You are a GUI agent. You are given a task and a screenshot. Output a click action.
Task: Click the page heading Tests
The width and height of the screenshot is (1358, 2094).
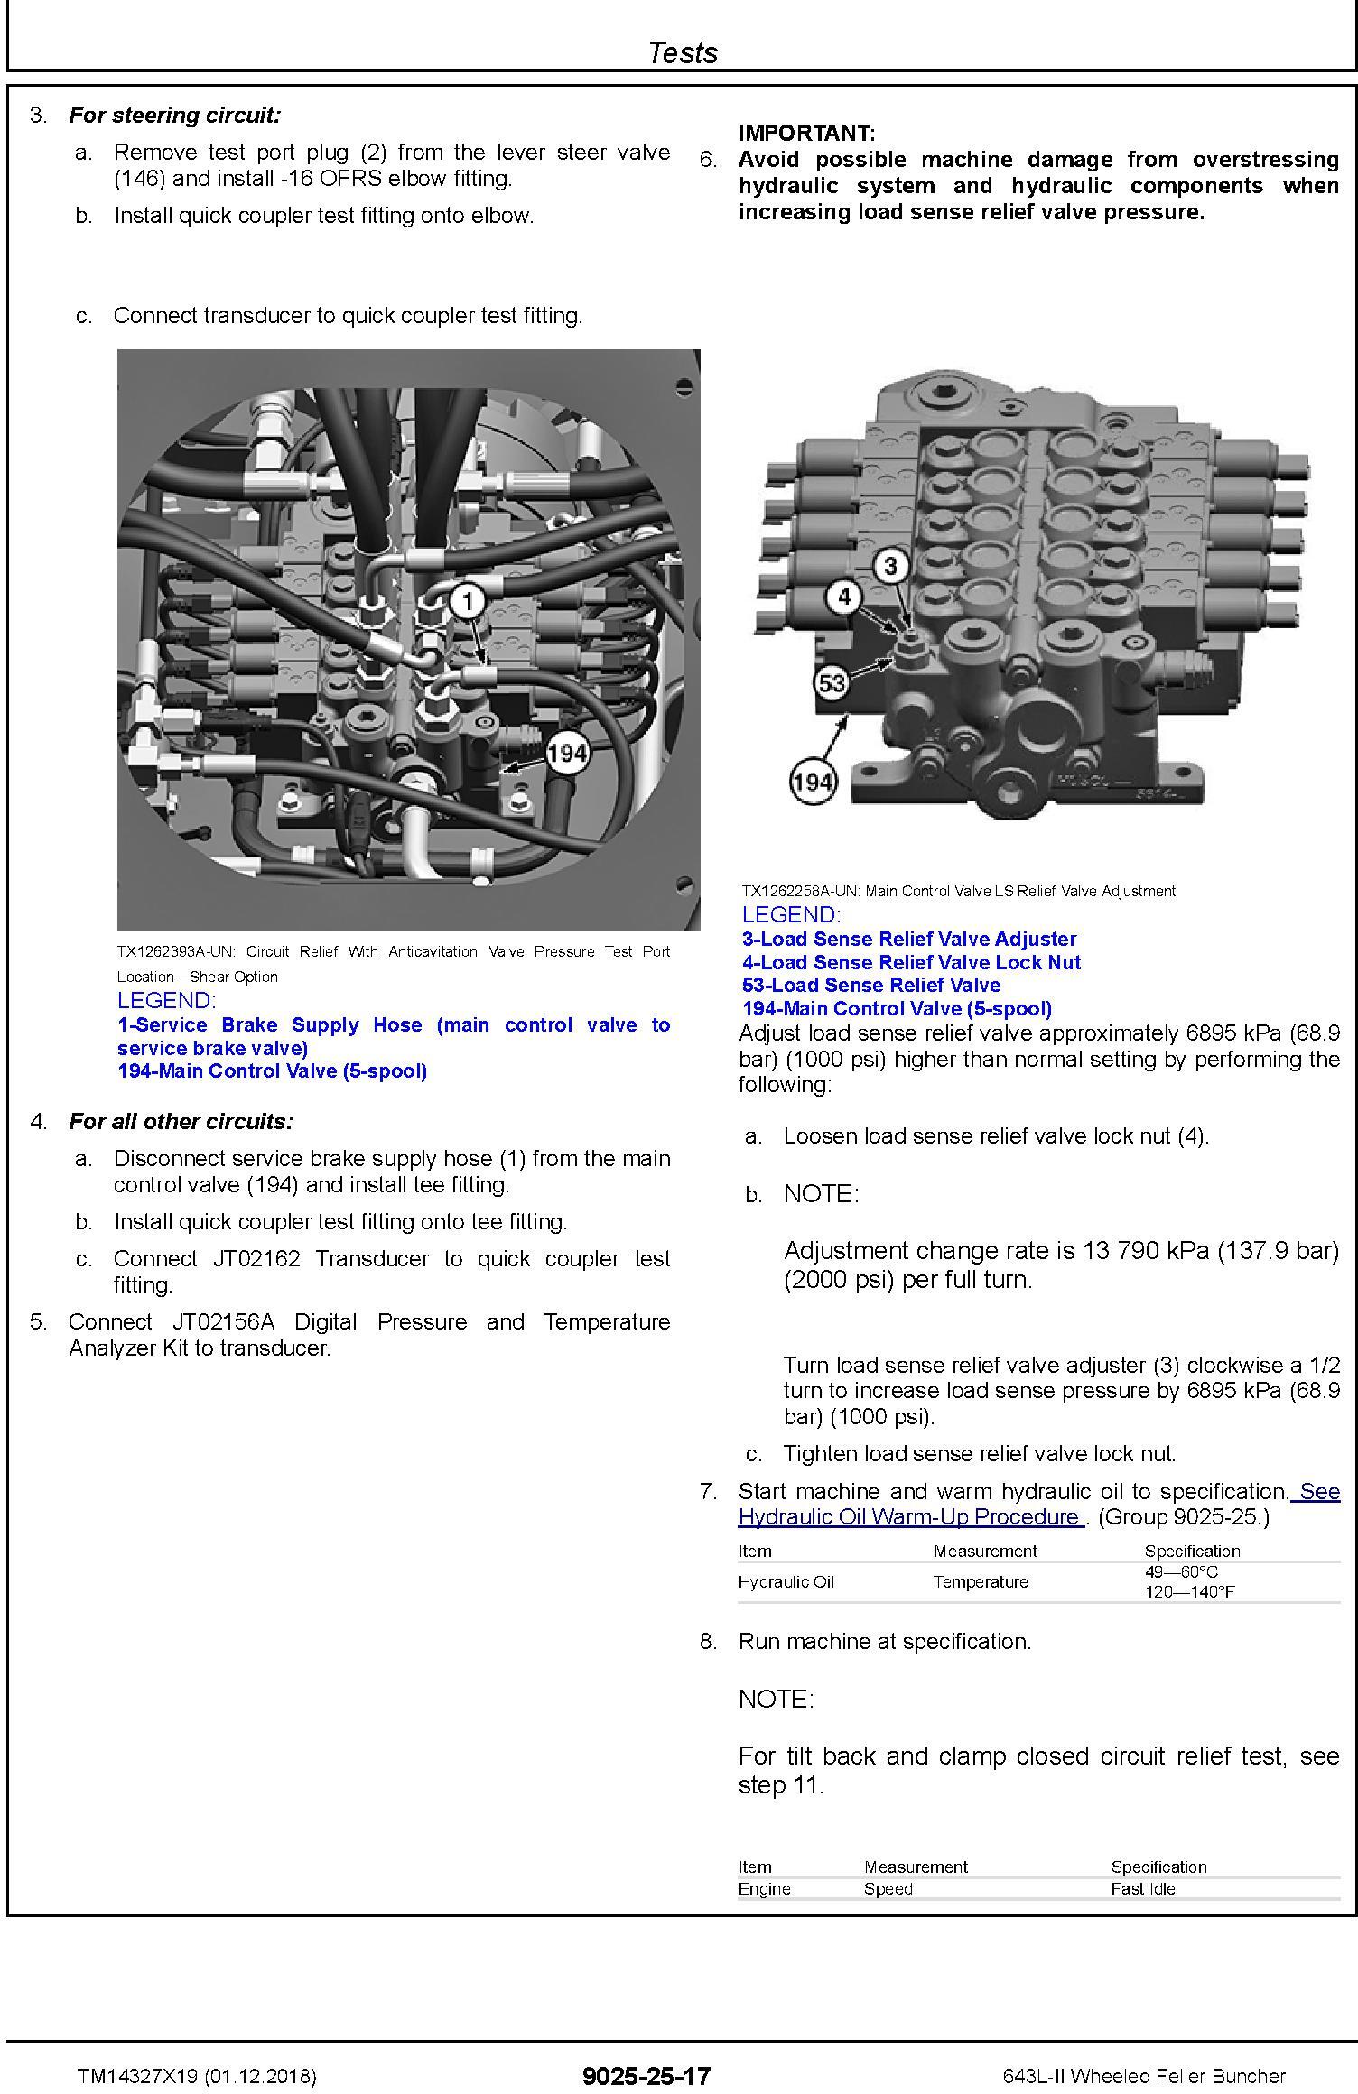(x=683, y=52)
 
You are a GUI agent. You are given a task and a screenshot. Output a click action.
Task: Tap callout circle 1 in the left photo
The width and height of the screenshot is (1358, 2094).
(x=467, y=601)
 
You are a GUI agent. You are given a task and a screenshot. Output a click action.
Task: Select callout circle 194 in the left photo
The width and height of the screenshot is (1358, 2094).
(x=567, y=753)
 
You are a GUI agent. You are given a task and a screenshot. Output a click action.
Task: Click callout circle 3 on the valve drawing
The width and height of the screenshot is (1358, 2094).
(x=890, y=566)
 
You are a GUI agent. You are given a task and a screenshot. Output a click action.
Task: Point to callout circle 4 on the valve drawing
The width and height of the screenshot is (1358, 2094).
(x=844, y=597)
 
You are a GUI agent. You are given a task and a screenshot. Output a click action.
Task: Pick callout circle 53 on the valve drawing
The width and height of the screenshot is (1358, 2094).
(x=832, y=682)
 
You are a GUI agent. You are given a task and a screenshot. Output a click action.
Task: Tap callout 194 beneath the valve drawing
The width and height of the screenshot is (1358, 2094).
(x=812, y=782)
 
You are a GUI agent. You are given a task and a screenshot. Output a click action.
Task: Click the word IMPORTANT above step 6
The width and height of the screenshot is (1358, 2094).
(x=806, y=134)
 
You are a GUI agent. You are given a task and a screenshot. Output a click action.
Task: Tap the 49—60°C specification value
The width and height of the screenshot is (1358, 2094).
(x=1181, y=1571)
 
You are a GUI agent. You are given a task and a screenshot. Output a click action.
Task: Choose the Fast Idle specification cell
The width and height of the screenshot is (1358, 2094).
(x=1143, y=1888)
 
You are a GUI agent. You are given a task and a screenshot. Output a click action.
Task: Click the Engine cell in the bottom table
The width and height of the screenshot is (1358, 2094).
(x=764, y=1888)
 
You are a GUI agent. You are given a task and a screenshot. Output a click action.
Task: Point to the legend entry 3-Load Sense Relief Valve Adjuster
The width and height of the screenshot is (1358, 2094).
(x=909, y=939)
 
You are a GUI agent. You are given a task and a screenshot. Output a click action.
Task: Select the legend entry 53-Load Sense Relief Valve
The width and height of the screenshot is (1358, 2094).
(x=871, y=985)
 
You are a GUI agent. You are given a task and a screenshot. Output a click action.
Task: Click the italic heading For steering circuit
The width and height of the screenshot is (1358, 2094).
(x=175, y=116)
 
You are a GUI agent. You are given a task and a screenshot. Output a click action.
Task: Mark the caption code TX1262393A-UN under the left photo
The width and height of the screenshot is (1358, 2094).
(x=175, y=951)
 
